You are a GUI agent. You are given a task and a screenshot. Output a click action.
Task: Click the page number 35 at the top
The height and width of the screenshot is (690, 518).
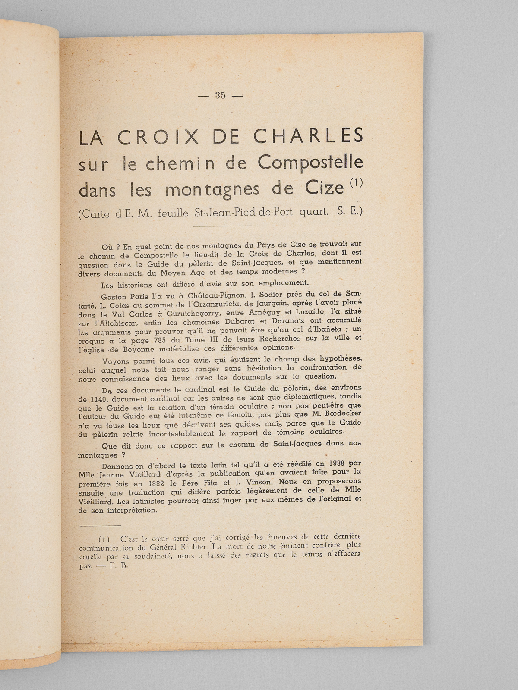click(220, 96)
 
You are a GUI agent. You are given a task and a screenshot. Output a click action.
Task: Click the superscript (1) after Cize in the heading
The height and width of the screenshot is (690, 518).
click(354, 183)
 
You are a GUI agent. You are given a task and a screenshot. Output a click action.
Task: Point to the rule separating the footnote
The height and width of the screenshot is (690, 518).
click(100, 525)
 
